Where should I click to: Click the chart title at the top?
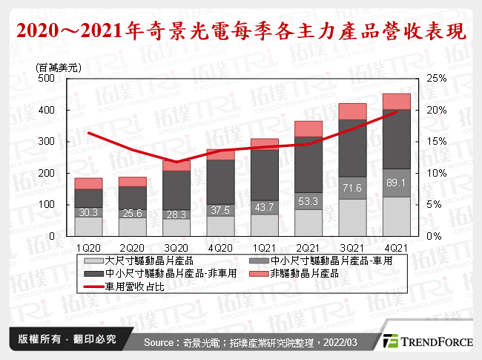tap(241, 32)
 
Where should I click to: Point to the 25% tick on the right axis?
tap(435, 78)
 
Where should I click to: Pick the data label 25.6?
tap(133, 212)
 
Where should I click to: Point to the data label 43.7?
tap(265, 207)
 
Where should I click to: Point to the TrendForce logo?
tap(428, 341)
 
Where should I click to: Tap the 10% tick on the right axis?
tap(435, 173)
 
